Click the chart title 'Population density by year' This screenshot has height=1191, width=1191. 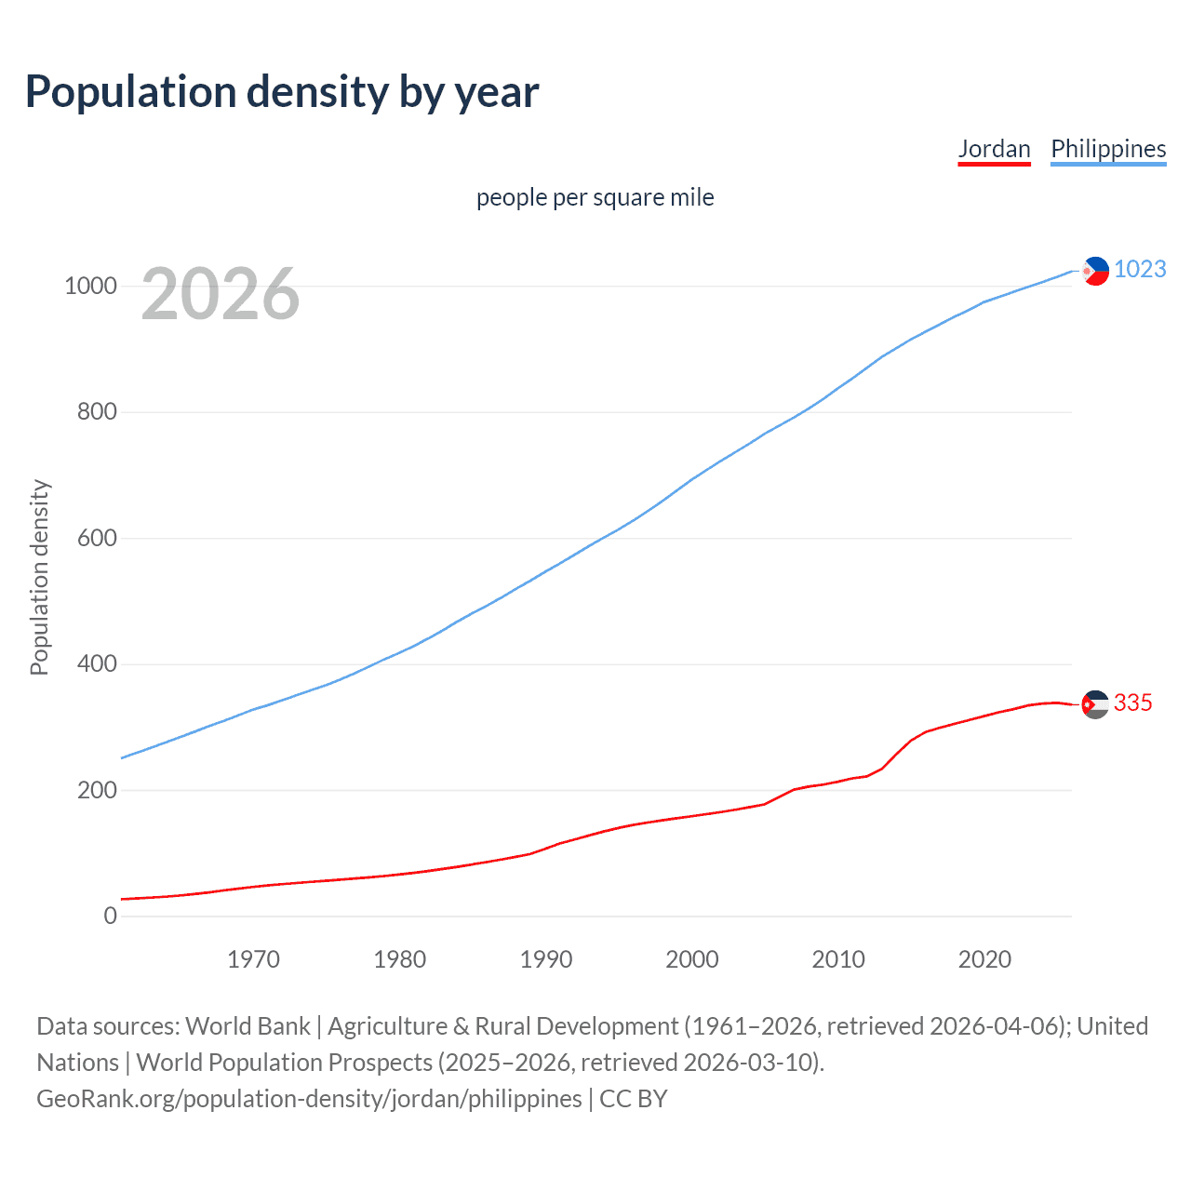click(282, 92)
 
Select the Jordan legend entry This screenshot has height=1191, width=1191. click(994, 149)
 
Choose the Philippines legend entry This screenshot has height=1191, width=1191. click(1107, 149)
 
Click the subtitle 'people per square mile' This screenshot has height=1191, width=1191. click(595, 198)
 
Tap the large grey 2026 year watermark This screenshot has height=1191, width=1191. click(221, 294)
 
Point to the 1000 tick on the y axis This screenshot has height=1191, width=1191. click(90, 286)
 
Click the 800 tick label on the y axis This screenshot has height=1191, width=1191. click(97, 411)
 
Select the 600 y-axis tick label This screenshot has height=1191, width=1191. click(97, 538)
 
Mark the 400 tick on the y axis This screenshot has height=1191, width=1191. click(97, 664)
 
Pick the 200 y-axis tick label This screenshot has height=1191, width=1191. click(97, 790)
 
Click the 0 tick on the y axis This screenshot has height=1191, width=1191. click(111, 917)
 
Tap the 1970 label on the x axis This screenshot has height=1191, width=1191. click(253, 959)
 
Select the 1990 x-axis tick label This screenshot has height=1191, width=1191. click(546, 959)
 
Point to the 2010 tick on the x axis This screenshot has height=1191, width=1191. click(838, 959)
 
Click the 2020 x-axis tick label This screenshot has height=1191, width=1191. click(984, 959)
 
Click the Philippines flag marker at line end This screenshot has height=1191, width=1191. click(1095, 271)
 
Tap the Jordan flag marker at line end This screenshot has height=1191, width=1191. click(1095, 705)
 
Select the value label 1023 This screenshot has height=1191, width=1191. click(1140, 269)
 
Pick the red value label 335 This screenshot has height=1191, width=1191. click(1132, 703)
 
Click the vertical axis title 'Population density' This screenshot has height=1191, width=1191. click(39, 577)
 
